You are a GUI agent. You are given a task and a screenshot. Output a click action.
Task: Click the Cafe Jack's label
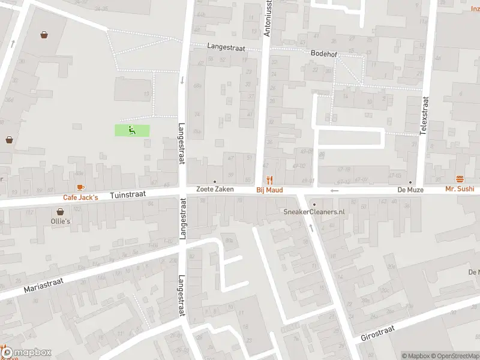tap(80, 197)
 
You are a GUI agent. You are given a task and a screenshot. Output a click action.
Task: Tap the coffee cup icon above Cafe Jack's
tap(80, 188)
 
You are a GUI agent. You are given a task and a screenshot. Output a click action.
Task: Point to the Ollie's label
tap(61, 221)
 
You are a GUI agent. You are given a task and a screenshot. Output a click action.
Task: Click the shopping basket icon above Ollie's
tap(61, 212)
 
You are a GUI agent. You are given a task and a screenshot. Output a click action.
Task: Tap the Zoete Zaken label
tap(215, 190)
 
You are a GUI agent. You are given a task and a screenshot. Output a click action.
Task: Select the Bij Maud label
tap(269, 190)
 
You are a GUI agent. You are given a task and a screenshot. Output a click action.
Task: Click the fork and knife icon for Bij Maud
tap(269, 180)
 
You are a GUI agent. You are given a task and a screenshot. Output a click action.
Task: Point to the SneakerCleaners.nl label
tap(314, 212)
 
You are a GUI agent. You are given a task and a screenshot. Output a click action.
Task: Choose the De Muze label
tap(410, 190)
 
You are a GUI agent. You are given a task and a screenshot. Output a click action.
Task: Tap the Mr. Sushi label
tap(460, 189)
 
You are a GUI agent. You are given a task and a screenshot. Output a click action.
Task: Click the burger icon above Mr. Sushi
tap(460, 179)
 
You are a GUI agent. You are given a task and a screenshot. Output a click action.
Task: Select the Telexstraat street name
tap(422, 118)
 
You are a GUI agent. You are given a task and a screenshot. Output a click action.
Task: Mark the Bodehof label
tap(324, 53)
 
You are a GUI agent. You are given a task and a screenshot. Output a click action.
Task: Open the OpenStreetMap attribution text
tap(454, 356)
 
